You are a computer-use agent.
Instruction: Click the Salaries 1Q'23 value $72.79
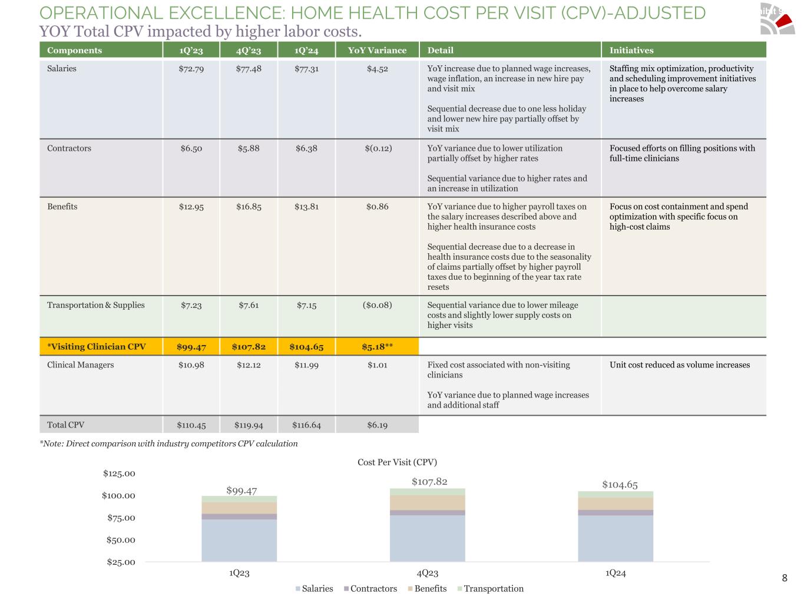tap(191, 69)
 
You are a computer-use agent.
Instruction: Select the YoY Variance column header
tap(377, 51)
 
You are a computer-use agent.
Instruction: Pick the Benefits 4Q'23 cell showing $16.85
tap(249, 207)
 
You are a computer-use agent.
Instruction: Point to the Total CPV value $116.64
tap(306, 425)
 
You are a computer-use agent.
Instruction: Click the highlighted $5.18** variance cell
tap(377, 347)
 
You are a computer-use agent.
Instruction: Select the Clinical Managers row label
tap(81, 365)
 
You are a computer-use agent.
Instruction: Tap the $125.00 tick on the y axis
tap(119, 473)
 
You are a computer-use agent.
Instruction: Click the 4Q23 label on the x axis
tap(427, 573)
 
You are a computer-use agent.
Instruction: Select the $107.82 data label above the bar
tap(429, 482)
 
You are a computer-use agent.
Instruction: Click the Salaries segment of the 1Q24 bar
tap(616, 538)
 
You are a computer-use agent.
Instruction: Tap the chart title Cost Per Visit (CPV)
tap(397, 462)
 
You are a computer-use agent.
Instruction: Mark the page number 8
tap(785, 578)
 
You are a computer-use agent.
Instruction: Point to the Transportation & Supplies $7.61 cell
tap(249, 305)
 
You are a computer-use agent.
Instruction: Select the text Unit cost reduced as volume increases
tap(680, 365)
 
